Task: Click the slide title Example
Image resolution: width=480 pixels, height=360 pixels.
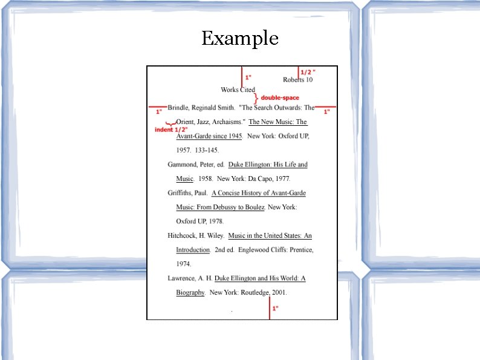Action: click(240, 39)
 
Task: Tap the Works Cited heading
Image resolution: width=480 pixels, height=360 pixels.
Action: click(238, 90)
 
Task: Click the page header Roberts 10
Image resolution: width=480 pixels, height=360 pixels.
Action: click(297, 79)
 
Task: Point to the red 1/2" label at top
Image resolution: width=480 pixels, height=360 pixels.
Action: click(308, 71)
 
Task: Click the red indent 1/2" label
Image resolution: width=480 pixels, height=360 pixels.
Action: click(171, 129)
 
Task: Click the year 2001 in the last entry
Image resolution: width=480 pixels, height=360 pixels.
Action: click(279, 293)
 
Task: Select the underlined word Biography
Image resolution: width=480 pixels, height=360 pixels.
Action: click(190, 293)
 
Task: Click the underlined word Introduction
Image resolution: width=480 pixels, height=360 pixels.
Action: click(193, 250)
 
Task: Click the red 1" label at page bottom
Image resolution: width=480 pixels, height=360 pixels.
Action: click(275, 309)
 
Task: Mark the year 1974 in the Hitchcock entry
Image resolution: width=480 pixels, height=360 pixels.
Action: click(184, 264)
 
